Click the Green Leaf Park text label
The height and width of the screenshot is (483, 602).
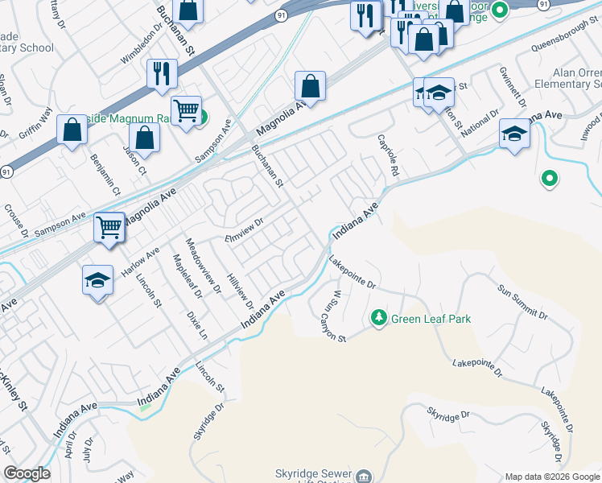431,319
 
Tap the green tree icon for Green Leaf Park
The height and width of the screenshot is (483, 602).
378,319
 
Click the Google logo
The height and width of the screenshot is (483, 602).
27,473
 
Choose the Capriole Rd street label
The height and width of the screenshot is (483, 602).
388,155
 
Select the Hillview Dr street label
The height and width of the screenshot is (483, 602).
240,287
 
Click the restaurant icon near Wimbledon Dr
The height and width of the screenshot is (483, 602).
162,74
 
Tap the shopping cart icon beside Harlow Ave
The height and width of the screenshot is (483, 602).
109,227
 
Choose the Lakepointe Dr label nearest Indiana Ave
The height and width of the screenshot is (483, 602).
353,272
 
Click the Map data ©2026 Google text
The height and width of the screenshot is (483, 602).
551,476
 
